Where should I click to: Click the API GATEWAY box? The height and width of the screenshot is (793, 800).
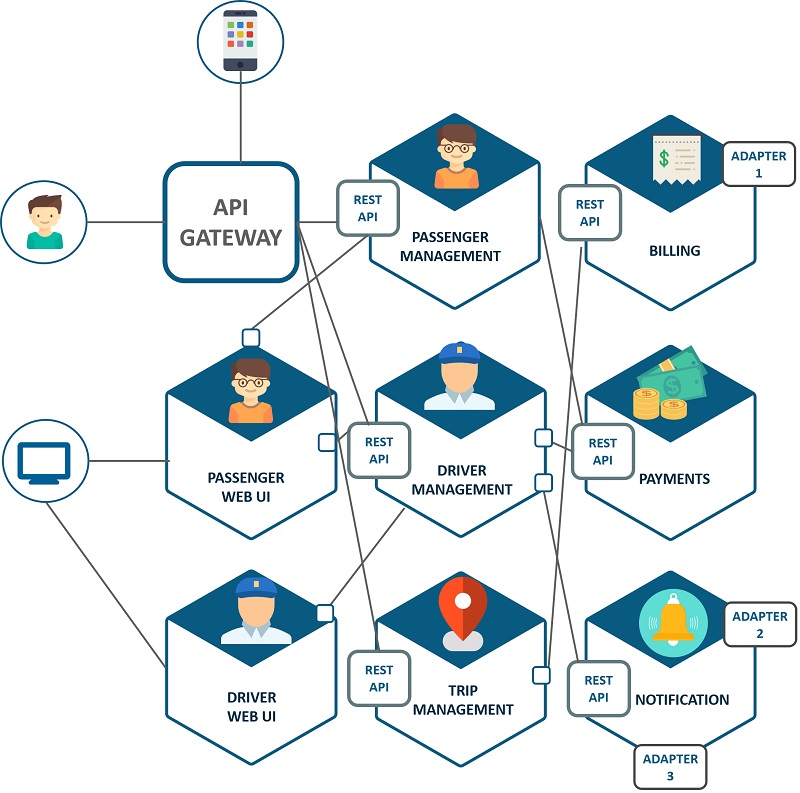(231, 222)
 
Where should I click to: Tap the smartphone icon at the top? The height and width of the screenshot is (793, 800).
(240, 41)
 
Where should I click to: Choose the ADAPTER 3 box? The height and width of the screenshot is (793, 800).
(671, 767)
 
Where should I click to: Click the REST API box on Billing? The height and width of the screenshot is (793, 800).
(589, 212)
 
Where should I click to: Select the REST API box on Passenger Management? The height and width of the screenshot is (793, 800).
(367, 208)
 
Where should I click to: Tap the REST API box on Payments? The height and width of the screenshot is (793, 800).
(602, 451)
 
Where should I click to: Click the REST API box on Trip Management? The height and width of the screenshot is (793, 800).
(378, 678)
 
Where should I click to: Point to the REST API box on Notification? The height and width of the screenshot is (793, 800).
(598, 688)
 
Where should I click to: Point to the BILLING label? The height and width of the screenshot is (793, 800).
(674, 251)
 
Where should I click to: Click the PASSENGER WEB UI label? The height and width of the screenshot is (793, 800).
(246, 487)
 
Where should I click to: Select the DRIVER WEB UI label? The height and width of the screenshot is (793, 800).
(251, 706)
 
